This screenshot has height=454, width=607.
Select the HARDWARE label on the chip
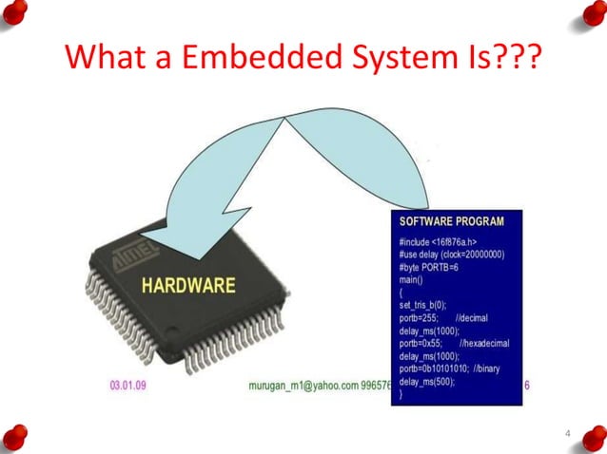[x=188, y=284]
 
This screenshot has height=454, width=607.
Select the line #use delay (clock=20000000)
[x=452, y=255]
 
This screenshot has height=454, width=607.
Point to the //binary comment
[x=496, y=369]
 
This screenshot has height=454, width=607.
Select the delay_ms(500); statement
[x=426, y=381]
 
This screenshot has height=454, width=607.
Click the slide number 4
[x=567, y=434]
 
